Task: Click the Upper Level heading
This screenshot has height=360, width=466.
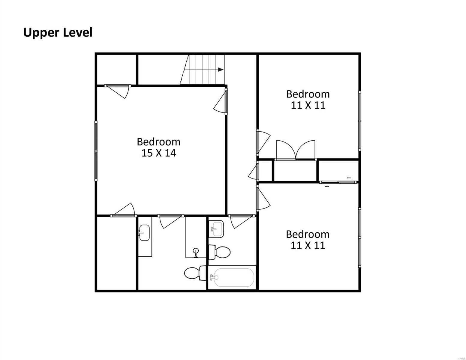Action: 58,33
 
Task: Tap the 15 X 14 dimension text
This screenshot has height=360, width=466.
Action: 158,153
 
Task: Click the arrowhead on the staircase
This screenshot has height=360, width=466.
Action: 221,70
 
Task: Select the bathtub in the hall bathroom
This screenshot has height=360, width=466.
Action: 232,278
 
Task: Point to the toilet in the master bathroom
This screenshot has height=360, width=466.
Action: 195,273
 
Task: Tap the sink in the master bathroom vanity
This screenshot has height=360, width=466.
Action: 144,232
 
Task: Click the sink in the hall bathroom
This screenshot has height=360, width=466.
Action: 217,229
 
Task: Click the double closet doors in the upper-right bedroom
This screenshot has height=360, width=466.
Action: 296,150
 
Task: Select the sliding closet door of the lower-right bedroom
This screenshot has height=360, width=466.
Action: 338,182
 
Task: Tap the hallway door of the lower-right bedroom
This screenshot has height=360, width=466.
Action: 263,198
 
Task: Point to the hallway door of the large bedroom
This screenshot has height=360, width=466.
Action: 221,102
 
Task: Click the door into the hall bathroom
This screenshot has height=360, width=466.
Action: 242,221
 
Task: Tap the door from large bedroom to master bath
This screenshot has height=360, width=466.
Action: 171,221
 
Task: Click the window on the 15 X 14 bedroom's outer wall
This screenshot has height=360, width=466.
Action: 96,151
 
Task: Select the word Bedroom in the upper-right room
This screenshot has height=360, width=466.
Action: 308,94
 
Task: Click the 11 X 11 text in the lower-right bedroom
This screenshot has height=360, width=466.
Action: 308,245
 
